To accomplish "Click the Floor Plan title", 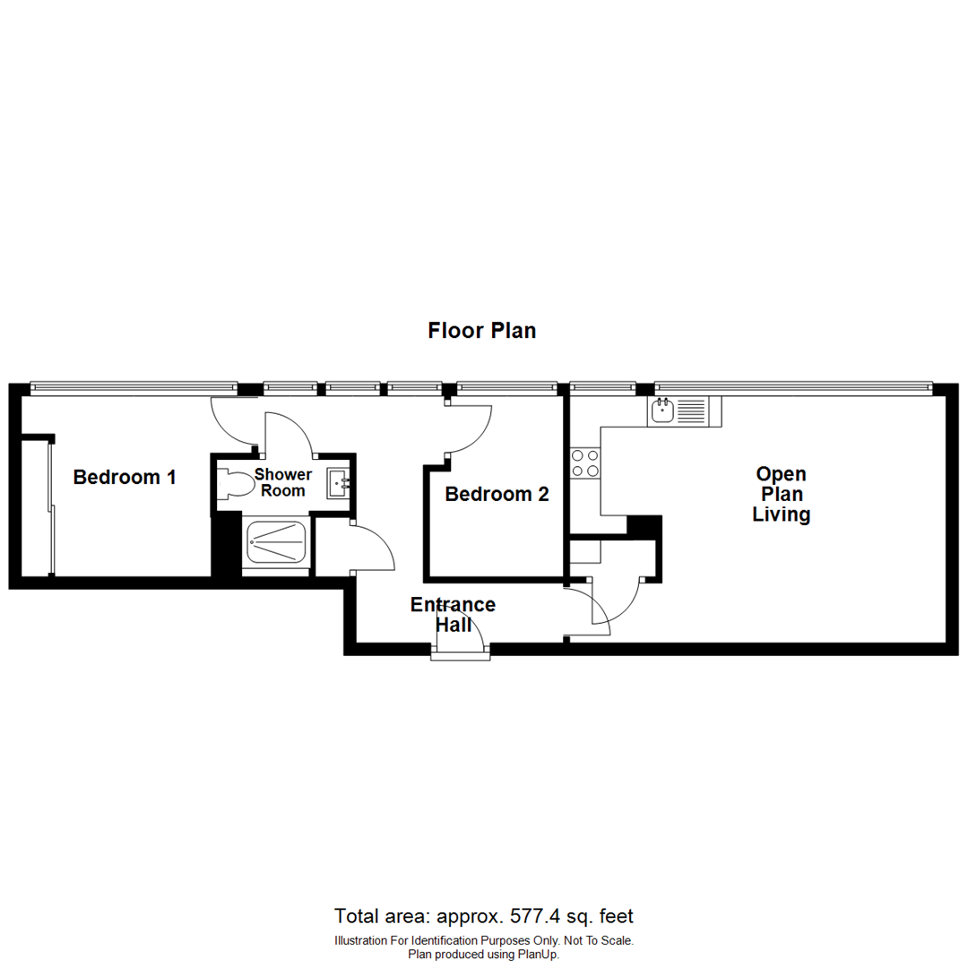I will point(482,331).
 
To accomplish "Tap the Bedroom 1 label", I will point(125,477).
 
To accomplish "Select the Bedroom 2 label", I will point(497,494).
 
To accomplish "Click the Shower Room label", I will point(283,482).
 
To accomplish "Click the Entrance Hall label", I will point(453,613).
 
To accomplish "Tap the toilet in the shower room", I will point(236,485).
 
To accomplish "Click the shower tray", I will point(277,541).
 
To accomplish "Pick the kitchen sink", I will point(663,411).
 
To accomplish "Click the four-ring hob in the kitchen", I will point(585,462).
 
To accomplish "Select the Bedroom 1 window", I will point(133,388).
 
